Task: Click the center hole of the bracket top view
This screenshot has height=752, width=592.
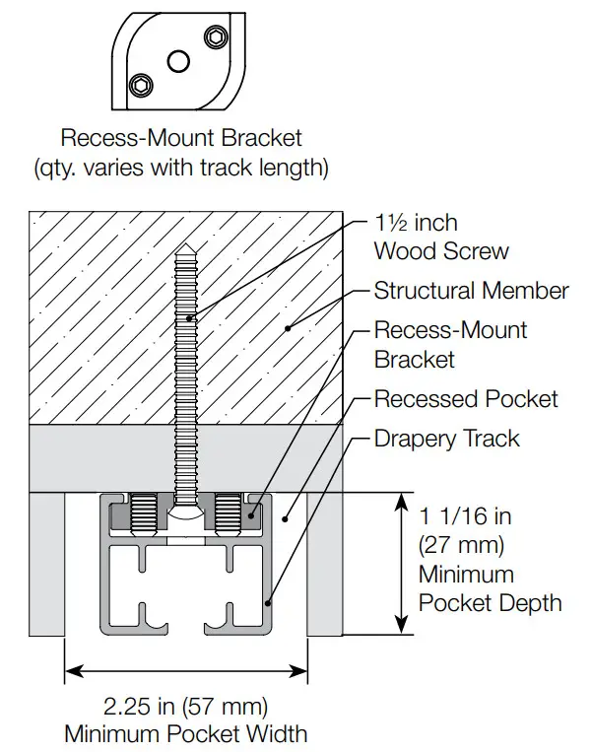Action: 177,61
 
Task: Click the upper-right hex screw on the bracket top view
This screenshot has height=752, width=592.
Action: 214,37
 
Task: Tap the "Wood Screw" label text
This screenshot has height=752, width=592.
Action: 441,250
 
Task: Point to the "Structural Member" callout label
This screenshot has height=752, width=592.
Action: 471,291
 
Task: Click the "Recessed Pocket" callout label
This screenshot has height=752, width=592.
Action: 466,399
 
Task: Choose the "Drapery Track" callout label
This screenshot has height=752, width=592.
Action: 446,438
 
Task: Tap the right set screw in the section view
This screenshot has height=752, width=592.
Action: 230,515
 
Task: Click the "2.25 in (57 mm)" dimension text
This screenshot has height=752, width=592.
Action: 185,706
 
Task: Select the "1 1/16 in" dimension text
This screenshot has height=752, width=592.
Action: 466,515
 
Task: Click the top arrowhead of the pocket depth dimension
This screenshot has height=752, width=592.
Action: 402,502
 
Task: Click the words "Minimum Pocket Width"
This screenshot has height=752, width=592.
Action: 185,733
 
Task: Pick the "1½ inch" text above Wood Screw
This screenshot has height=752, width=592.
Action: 416,223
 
